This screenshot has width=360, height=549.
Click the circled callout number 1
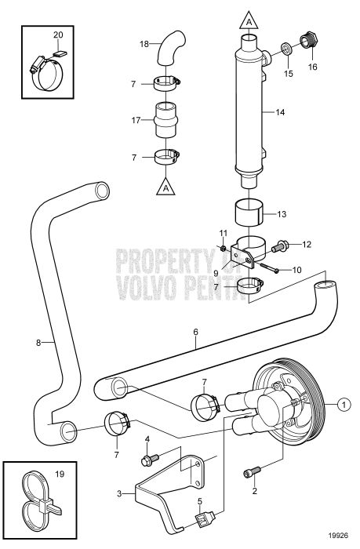tap(343, 405)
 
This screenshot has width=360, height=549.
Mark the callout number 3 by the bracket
tap(119, 493)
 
